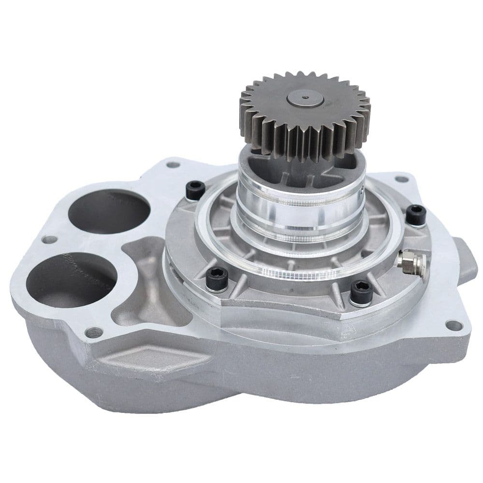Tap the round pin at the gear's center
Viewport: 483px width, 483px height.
pos(305,98)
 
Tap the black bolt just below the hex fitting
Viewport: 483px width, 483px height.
pos(361,292)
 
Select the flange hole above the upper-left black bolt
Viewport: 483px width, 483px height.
pos(172,165)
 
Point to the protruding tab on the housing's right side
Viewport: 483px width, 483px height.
pos(465,261)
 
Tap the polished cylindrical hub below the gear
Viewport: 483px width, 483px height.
pos(299,203)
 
